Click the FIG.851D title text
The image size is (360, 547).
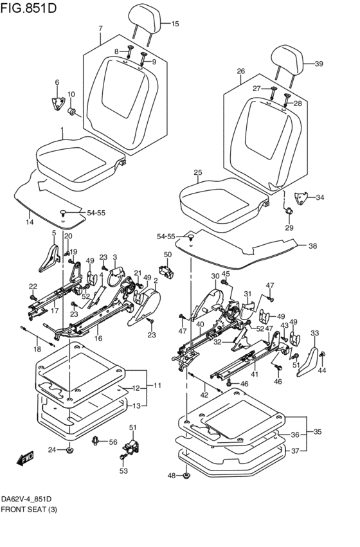click(x=28, y=7)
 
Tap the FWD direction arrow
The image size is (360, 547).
click(x=25, y=458)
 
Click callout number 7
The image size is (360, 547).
click(x=100, y=29)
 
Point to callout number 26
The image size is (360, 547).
click(x=241, y=71)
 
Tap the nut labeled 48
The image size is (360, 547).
click(x=186, y=475)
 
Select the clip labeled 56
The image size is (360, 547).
click(x=95, y=442)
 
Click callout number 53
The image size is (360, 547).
click(x=123, y=471)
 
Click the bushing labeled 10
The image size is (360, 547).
click(x=72, y=112)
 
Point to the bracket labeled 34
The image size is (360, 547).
click(x=301, y=198)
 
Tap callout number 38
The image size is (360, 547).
click(x=312, y=246)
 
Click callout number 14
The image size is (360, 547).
click(x=30, y=222)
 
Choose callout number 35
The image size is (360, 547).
click(x=317, y=431)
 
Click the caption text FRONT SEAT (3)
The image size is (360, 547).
click(x=29, y=510)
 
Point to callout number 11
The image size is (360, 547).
click(x=157, y=386)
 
